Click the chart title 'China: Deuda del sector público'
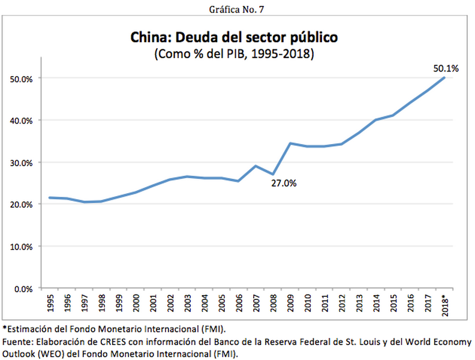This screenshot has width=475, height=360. click(x=235, y=38)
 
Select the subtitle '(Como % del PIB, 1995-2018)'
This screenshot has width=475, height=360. click(x=235, y=54)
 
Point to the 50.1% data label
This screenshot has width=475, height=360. click(x=446, y=68)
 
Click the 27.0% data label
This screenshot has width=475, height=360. click(x=284, y=184)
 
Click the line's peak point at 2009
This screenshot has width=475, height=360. click(x=290, y=143)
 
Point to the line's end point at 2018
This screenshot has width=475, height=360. click(x=444, y=77)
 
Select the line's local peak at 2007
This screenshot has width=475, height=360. click(x=256, y=166)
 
